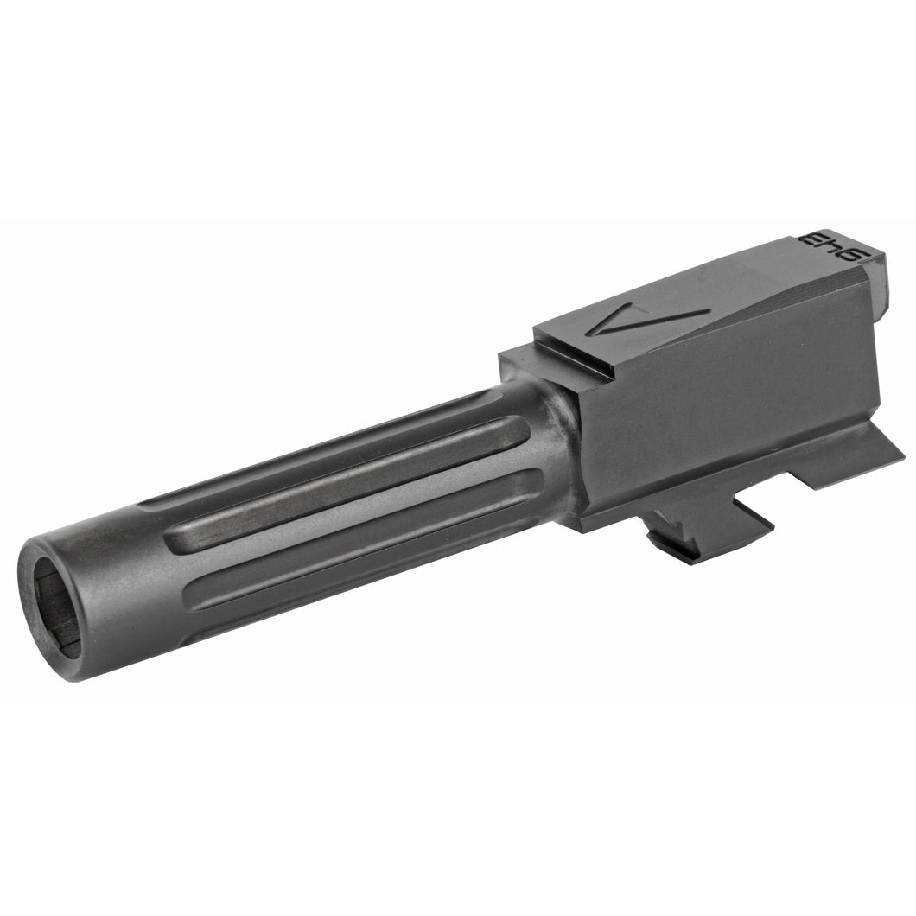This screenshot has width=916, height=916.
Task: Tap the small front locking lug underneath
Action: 683,540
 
